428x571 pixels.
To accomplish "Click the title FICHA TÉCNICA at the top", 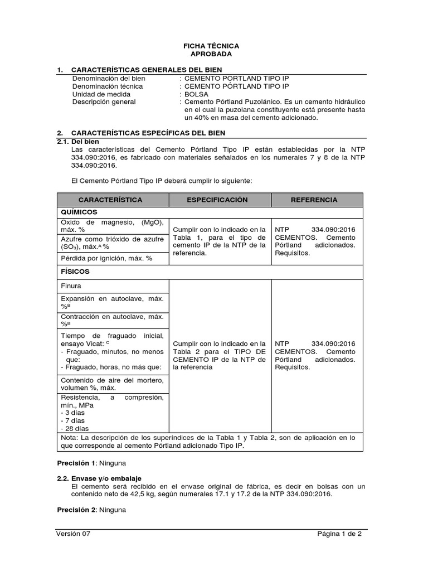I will [x=211, y=46].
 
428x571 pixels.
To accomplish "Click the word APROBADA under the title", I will [x=211, y=54].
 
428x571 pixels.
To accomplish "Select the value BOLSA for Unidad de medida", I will [x=196, y=94].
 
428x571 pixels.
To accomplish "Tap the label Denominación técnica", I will [x=108, y=86].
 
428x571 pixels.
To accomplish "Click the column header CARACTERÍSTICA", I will [x=110, y=200].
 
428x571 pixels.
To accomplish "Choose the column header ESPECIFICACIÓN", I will [x=217, y=200].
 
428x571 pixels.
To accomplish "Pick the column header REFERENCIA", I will [x=314, y=200].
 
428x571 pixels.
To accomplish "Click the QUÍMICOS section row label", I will [x=80, y=212].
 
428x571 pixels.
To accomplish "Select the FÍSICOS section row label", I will [x=76, y=272].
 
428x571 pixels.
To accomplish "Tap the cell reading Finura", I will [x=71, y=286].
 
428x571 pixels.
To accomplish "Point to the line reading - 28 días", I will [x=75, y=429].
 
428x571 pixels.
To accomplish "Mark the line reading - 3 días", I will [x=73, y=413].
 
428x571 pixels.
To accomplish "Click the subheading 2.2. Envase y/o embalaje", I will [x=99, y=478].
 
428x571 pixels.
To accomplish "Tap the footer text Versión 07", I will [x=73, y=534].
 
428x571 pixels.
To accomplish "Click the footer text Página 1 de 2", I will [x=339, y=534].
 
